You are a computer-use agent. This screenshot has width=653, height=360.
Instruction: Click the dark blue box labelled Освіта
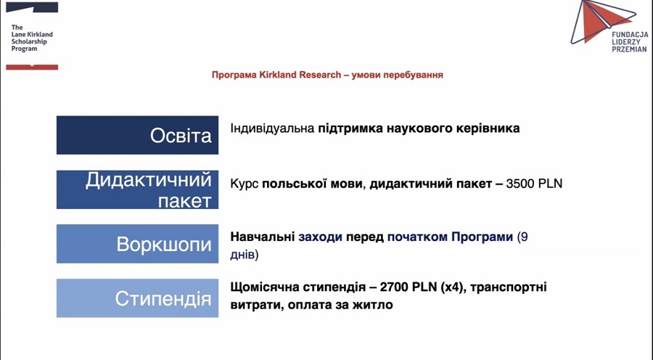pos(137,135)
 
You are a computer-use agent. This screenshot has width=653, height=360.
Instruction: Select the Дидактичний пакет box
pos(137,189)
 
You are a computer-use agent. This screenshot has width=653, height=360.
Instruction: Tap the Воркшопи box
pos(137,244)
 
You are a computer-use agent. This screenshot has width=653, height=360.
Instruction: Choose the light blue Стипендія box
pos(137,298)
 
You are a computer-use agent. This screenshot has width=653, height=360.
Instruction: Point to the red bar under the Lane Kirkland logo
pos(31,67)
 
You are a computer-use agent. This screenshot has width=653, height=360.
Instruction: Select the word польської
pos(289,184)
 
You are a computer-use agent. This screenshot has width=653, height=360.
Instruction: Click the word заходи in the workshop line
pos(320,237)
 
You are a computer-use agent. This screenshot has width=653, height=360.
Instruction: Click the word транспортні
pos(509,287)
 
